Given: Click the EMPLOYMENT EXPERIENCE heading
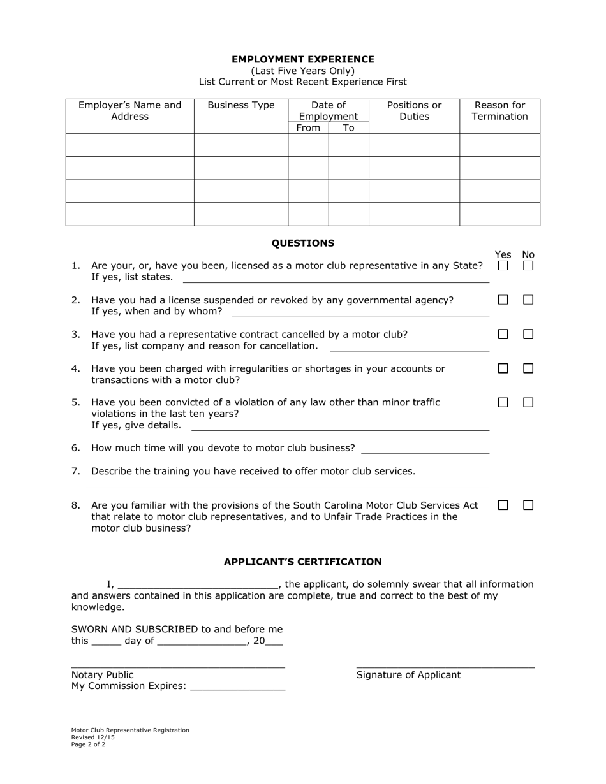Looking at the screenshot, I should tap(302, 59).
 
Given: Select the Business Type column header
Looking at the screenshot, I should tap(241, 105).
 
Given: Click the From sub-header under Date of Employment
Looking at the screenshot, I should tap(308, 128).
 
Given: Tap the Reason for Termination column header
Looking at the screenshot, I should tap(499, 111).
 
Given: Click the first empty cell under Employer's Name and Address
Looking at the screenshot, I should tap(129, 145).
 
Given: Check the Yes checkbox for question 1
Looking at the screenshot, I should tap(503, 266).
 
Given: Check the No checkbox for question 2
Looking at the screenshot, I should tap(528, 300).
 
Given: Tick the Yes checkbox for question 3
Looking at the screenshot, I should tap(503, 334).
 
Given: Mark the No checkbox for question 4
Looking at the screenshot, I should tap(528, 368).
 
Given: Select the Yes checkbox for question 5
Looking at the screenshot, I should tap(503, 402).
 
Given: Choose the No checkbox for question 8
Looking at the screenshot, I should tap(528, 505).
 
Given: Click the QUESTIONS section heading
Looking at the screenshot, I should tap(302, 243).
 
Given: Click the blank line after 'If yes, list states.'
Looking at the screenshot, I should tap(336, 279).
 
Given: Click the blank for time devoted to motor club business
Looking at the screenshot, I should tap(425, 449).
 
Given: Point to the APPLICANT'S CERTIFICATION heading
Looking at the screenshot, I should tap(302, 562).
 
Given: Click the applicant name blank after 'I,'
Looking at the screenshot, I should tap(198, 584).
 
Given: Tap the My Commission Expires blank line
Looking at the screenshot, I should tap(237, 686).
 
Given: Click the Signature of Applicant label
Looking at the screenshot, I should tap(408, 675).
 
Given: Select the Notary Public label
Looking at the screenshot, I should tap(102, 675).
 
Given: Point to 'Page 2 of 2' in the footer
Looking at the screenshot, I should tap(89, 744).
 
